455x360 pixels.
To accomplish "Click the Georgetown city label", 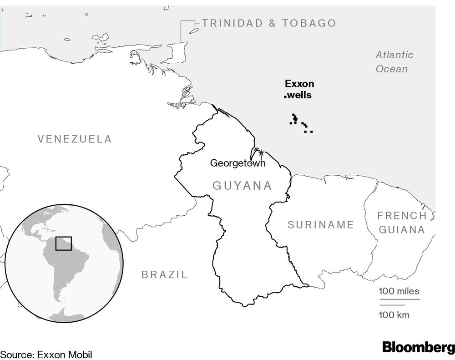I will point(238,163).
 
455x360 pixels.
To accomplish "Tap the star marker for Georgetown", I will point(261,152).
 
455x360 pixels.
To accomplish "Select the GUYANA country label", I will point(243,186).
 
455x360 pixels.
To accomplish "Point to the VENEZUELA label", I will point(75,139).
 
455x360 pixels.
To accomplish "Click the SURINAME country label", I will point(321,224).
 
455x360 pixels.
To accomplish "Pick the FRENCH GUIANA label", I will point(402,223).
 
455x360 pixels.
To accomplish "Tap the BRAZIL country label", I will point(164,274).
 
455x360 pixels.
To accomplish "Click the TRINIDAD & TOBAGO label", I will point(269,23).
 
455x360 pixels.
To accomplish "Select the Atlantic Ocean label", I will point(394,62).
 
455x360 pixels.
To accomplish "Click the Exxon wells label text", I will point(299,89).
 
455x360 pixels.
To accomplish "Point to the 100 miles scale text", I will point(399,291).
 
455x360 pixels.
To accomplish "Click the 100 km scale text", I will point(394,314).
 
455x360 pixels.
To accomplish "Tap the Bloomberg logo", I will point(418,348).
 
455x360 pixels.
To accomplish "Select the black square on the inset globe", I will point(63,243).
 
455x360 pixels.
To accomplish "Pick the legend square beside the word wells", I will point(285,96).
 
